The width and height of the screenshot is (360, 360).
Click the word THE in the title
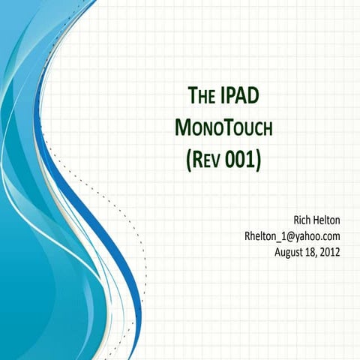(199, 96)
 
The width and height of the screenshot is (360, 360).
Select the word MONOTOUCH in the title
(223, 128)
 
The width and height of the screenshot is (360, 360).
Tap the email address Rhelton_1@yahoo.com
(293, 236)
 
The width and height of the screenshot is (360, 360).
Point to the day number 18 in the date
(311, 252)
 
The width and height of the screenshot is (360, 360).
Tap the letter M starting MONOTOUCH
(182, 128)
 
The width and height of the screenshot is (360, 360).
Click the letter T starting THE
(190, 96)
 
